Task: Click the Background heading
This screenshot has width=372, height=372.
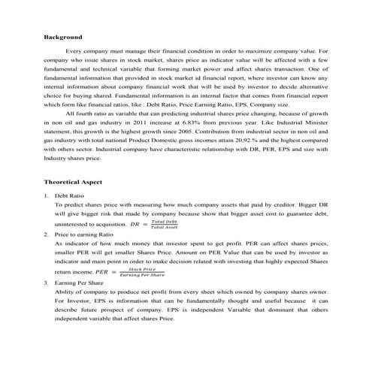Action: pyautogui.click(x=62, y=36)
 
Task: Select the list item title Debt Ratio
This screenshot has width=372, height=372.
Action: pyautogui.click(x=70, y=195)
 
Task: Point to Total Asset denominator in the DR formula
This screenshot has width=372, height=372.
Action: pyautogui.click(x=164, y=227)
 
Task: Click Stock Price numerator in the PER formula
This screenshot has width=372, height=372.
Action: pyautogui.click(x=142, y=268)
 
